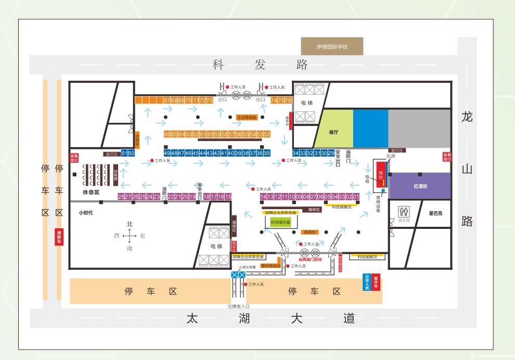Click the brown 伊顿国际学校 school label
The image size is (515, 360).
click(332, 47)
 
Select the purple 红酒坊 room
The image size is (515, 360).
click(420, 186)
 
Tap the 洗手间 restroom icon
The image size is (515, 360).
click(404, 212)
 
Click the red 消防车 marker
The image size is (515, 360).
click(59, 237)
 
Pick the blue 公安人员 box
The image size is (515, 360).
click(367, 282)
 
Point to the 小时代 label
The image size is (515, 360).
click(86, 213)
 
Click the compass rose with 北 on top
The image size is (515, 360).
click(130, 236)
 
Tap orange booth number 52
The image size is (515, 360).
click(267, 134)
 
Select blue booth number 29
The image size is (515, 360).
click(331, 153)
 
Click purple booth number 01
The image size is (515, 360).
click(356, 197)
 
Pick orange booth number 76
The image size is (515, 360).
click(288, 100)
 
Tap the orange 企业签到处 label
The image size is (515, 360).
click(247, 118)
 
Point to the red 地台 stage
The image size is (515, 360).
click(381, 174)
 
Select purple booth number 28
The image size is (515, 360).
click(121, 197)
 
